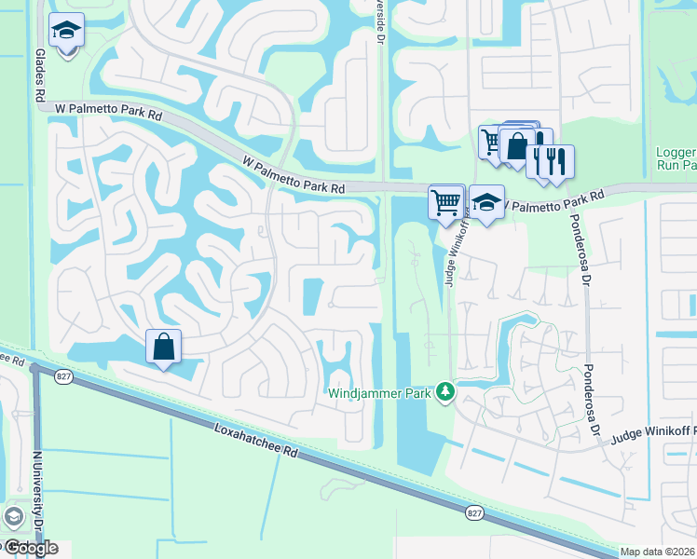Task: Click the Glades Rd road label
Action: (x=40, y=77)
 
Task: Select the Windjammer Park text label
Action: (x=380, y=393)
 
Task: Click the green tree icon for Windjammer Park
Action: (x=446, y=392)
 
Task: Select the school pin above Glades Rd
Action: (x=66, y=32)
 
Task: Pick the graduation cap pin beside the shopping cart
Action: (x=486, y=201)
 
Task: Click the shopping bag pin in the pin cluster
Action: (x=517, y=146)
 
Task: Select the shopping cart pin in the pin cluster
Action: (x=490, y=143)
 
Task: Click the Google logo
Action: (x=30, y=547)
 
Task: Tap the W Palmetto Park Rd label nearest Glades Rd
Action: (x=109, y=109)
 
